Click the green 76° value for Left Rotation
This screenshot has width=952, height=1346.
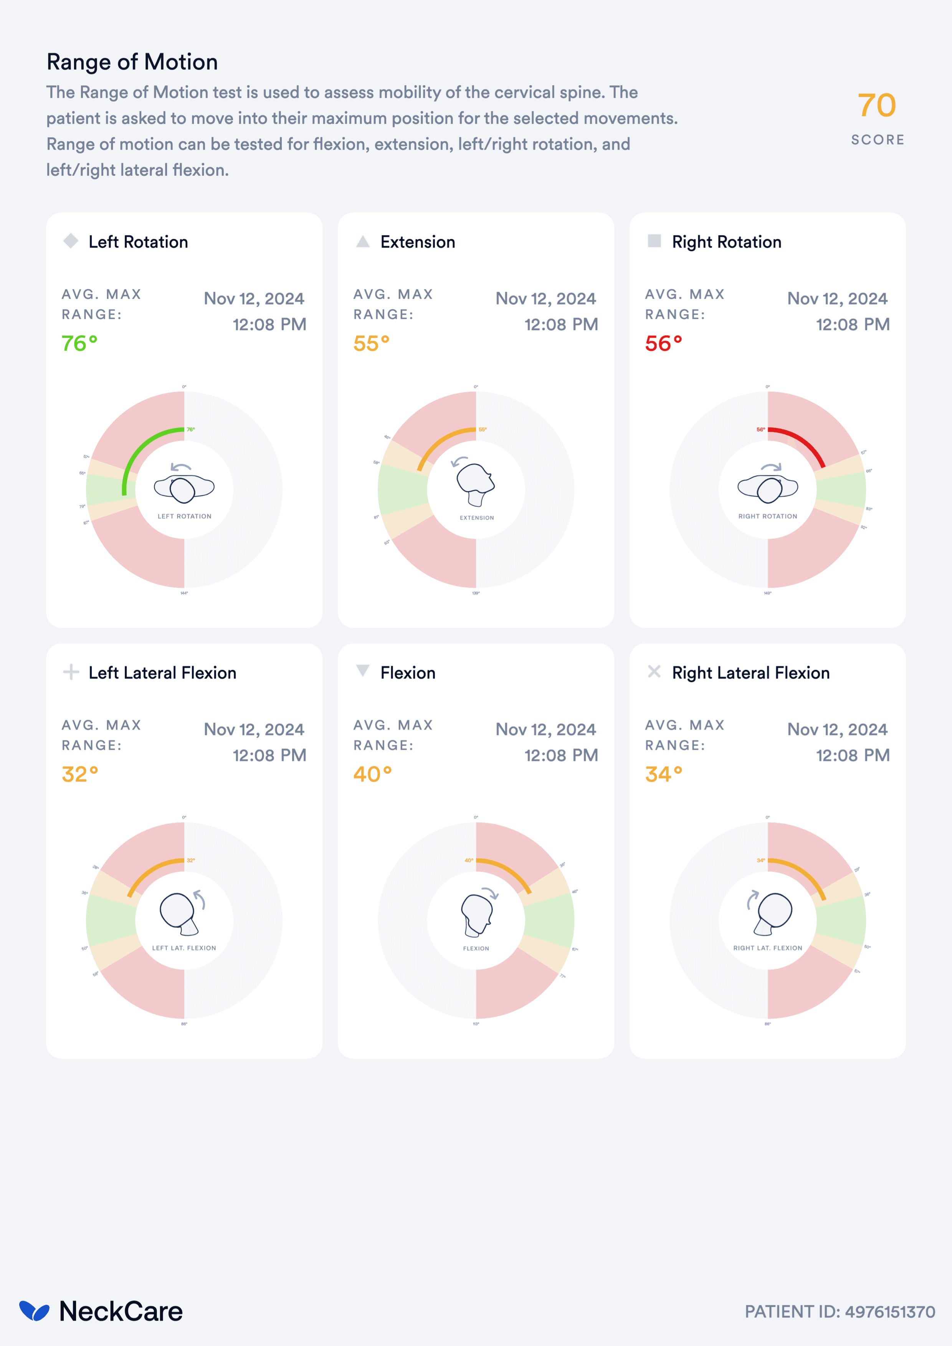click(79, 343)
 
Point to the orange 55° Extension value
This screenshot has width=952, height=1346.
click(371, 343)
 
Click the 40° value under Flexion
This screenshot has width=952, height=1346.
click(372, 774)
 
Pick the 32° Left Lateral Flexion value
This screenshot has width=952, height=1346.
click(80, 774)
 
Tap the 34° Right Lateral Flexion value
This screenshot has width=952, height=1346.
click(664, 774)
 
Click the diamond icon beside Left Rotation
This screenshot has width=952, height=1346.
click(71, 241)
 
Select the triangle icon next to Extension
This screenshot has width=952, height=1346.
click(363, 241)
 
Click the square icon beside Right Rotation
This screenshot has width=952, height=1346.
click(654, 241)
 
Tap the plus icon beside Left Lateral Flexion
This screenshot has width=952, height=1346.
click(71, 672)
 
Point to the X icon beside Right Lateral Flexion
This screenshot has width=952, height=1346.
click(654, 672)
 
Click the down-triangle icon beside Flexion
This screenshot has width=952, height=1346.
click(363, 671)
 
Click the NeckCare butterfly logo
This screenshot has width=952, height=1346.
click(34, 1311)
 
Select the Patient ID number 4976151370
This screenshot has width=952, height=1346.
click(890, 1312)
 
